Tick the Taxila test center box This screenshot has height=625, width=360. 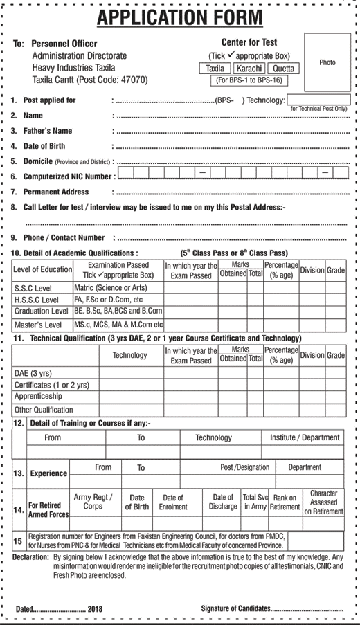[x=215, y=69]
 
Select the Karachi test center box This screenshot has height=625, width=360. [x=249, y=69]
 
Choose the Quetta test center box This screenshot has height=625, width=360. [x=282, y=69]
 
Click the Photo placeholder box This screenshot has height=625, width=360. [x=327, y=62]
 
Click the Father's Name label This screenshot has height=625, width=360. [x=48, y=131]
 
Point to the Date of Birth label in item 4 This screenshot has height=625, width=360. [x=44, y=146]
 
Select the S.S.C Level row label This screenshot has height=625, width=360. [x=33, y=288]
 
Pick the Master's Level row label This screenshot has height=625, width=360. [x=37, y=325]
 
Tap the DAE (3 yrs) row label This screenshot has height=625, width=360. [x=33, y=372]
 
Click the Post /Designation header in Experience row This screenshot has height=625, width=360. [x=244, y=467]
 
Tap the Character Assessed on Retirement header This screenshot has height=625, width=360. [x=323, y=502]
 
